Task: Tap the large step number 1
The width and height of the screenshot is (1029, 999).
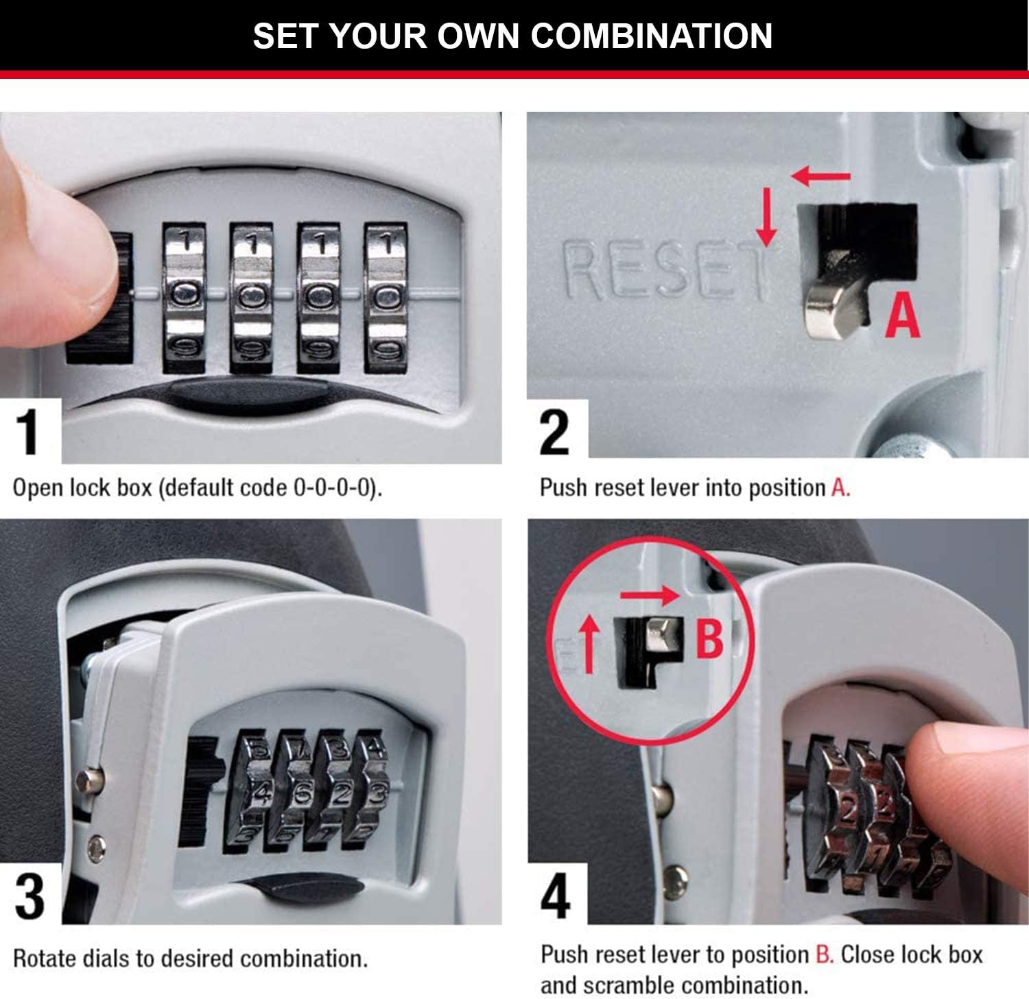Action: (27, 432)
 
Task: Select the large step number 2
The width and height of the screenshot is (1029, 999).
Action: (554, 432)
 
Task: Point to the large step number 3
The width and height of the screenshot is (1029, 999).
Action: (29, 897)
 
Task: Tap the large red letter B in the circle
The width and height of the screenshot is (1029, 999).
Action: (709, 638)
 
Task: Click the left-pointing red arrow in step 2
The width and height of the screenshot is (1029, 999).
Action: (821, 176)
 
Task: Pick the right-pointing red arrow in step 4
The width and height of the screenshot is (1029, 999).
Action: (650, 594)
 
